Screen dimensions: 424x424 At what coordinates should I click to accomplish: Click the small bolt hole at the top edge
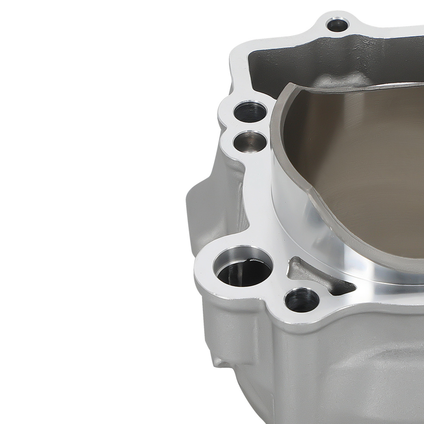pyautogui.click(x=338, y=25)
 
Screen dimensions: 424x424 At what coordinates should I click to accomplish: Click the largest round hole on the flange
pyautogui.click(x=243, y=269)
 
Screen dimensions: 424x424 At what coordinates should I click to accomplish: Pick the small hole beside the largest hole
pyautogui.click(x=302, y=299)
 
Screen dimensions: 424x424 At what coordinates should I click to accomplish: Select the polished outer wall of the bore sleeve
pyautogui.click(x=288, y=191)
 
